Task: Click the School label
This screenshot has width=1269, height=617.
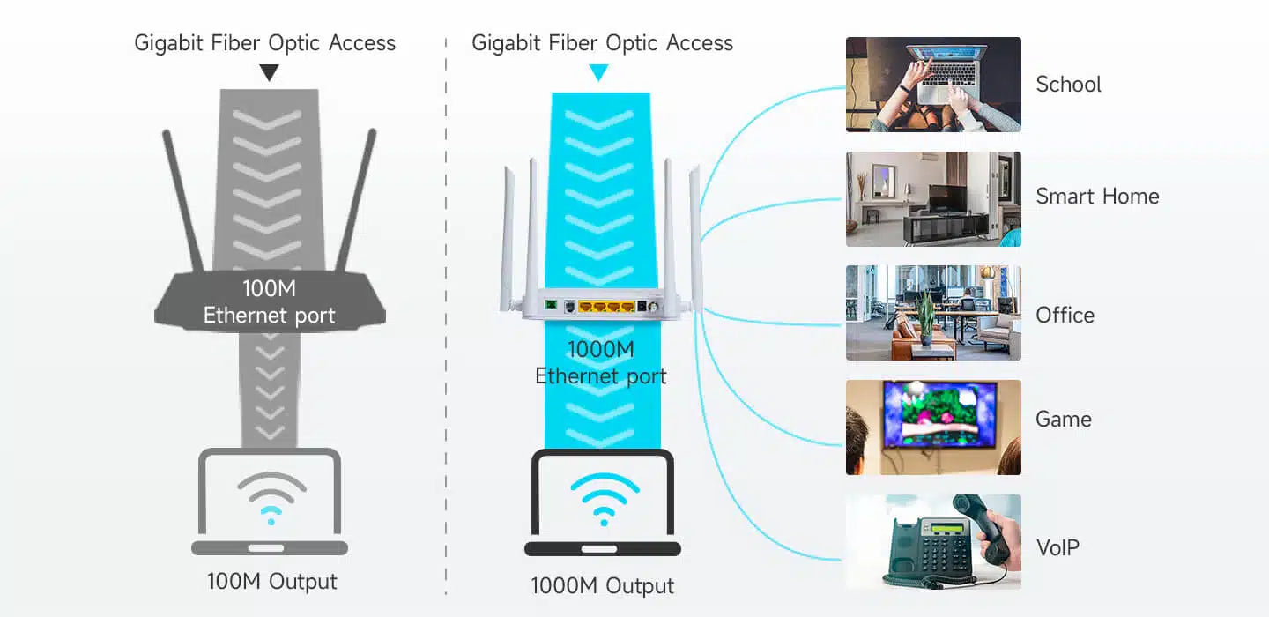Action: click(x=1068, y=85)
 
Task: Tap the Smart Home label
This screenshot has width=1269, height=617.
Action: click(x=1097, y=197)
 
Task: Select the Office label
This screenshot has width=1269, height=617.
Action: click(x=1065, y=316)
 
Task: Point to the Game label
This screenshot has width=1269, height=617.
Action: click(x=1063, y=420)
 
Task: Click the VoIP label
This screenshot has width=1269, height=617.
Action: click(x=1057, y=547)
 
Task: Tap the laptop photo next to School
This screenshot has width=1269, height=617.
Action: click(x=933, y=85)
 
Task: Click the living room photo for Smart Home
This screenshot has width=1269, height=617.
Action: click(x=933, y=199)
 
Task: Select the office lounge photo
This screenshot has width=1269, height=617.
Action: click(x=933, y=313)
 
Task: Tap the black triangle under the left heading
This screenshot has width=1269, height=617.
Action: click(x=270, y=73)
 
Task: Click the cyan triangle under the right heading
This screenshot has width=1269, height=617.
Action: click(x=599, y=73)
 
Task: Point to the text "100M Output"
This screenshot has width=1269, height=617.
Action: click(x=271, y=582)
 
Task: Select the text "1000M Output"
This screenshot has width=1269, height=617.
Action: click(x=602, y=586)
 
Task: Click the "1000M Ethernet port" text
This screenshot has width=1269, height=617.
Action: click(x=601, y=362)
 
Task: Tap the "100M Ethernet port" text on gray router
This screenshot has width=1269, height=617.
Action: click(x=270, y=302)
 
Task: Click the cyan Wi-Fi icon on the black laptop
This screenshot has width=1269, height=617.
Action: click(x=603, y=498)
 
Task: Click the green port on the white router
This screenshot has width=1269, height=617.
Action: click(x=551, y=306)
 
